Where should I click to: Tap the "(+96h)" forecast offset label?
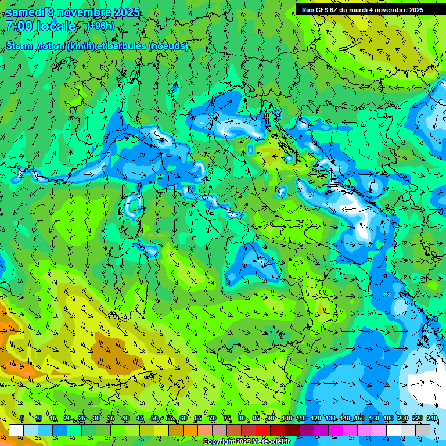[x=100, y=26]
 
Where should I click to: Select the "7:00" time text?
[x=19, y=26]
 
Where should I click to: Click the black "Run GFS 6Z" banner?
[x=371, y=9]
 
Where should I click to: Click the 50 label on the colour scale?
[x=154, y=419]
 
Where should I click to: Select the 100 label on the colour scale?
[x=286, y=419]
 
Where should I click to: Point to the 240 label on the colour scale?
[x=432, y=419]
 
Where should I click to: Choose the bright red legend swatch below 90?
[x=263, y=430]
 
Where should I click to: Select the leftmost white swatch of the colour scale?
[x=16, y=430]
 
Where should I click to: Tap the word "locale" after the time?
[x=57, y=26]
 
